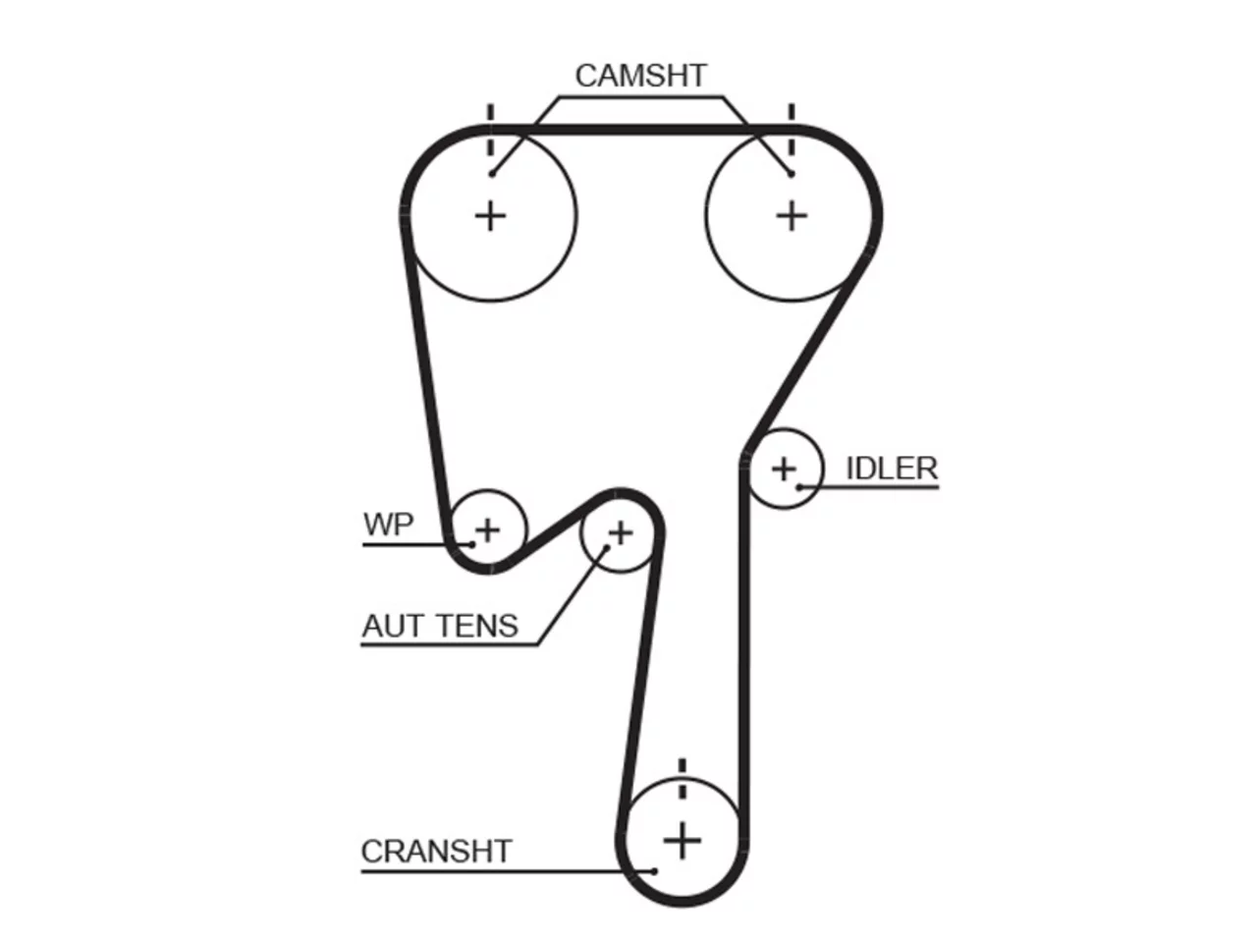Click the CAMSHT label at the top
pyautogui.click(x=640, y=76)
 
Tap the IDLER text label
pyautogui.click(x=892, y=469)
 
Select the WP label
pyautogui.click(x=388, y=524)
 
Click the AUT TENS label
pyautogui.click(x=440, y=626)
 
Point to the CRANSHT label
pyautogui.click(x=436, y=851)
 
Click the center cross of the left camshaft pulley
pyautogui.click(x=491, y=217)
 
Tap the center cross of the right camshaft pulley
pyautogui.click(x=792, y=217)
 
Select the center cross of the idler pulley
pyautogui.click(x=784, y=470)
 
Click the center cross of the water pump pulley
pyautogui.click(x=488, y=530)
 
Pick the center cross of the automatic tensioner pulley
pyautogui.click(x=621, y=533)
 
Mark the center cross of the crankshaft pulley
pyautogui.click(x=682, y=841)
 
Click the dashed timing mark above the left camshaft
pyautogui.click(x=491, y=130)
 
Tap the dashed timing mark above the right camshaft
pyautogui.click(x=792, y=130)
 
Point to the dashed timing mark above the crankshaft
pyautogui.click(x=682, y=778)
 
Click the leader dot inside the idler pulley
pyautogui.click(x=800, y=487)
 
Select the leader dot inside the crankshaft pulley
pyautogui.click(x=655, y=871)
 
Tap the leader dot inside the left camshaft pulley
pyautogui.click(x=492, y=174)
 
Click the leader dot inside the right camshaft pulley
pyautogui.click(x=791, y=174)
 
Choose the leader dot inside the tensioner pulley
pyautogui.click(x=607, y=547)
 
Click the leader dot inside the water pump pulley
pyautogui.click(x=472, y=544)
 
